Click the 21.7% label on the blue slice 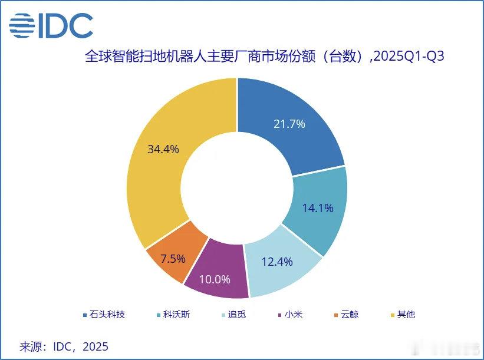pos(289,124)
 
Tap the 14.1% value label pos(318,207)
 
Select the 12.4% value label pos(277,262)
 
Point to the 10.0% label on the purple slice pos(215,279)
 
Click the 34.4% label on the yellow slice pos(163,149)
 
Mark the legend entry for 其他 pos(406,314)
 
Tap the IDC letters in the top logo pos(65,25)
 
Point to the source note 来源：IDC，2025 pos(64,346)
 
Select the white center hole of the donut pos(237,187)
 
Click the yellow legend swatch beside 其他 pos(393,315)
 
